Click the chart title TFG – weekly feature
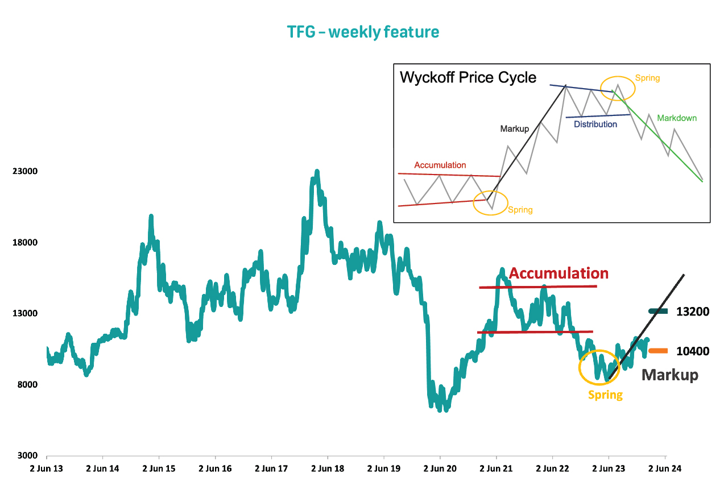(363, 32)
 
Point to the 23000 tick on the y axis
(25, 171)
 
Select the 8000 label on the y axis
(27, 384)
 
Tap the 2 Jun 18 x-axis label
(328, 468)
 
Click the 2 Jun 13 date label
(47, 468)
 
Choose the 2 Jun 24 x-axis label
(665, 468)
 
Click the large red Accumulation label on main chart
(559, 273)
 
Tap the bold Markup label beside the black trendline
(670, 375)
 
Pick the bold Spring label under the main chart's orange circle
(606, 395)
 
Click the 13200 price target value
(693, 312)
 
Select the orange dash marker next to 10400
(658, 351)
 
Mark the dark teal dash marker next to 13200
(658, 312)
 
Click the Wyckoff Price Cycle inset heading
(468, 78)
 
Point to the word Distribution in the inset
(595, 124)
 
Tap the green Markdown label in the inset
(677, 118)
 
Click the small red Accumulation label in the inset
(440, 165)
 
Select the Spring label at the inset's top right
(647, 78)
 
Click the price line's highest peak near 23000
(317, 171)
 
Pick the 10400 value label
(693, 351)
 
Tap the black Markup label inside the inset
(515, 129)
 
